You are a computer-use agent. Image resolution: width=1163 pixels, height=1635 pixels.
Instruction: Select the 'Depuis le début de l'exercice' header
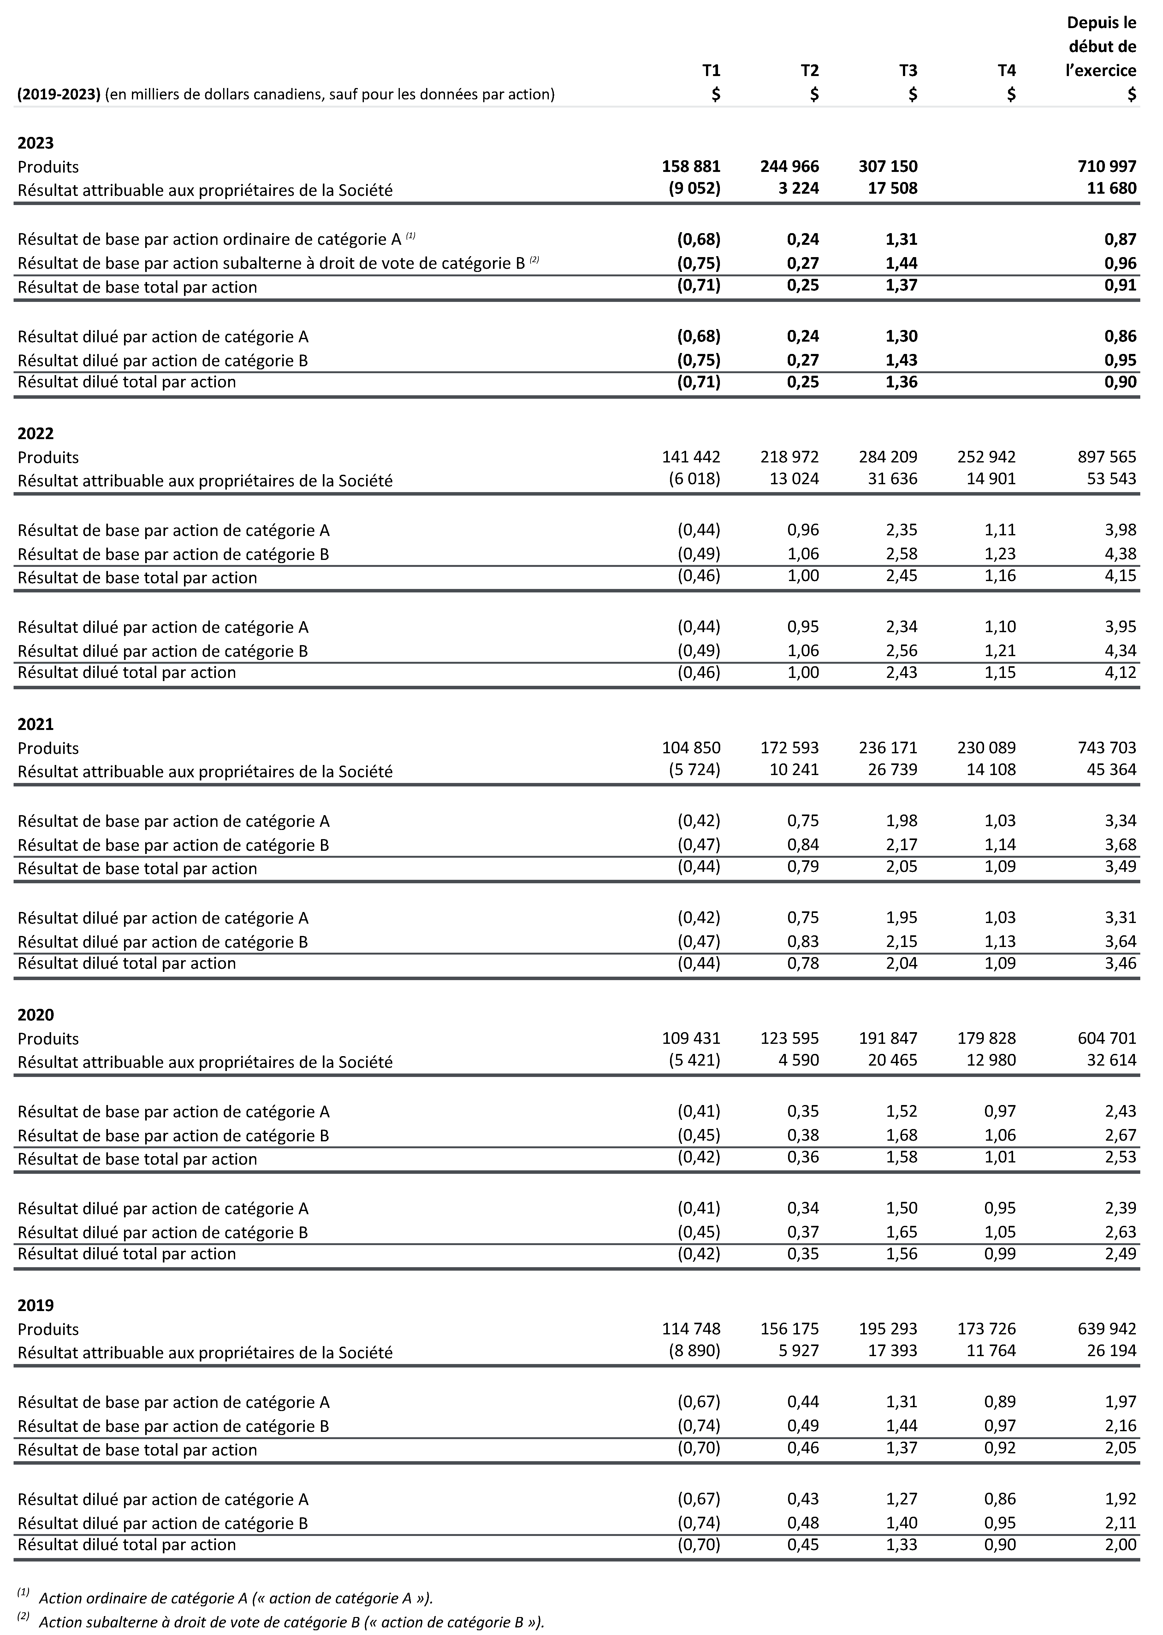[1101, 47]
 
